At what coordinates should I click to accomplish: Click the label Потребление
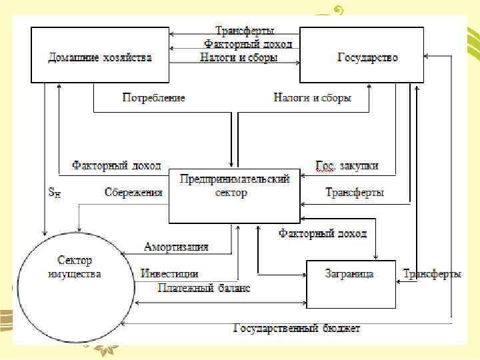(x=154, y=98)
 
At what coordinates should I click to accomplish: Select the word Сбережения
(x=133, y=193)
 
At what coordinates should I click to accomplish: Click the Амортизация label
(x=176, y=247)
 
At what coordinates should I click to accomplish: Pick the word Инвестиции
(x=169, y=274)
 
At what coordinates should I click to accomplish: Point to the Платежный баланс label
(x=204, y=288)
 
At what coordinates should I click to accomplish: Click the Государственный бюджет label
(x=297, y=328)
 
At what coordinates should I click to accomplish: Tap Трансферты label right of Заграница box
(x=431, y=274)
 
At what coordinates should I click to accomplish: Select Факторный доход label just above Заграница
(x=323, y=234)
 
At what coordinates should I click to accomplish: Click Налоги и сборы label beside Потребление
(x=312, y=98)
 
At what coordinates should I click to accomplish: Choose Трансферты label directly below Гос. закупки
(x=355, y=193)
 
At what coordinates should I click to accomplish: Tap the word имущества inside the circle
(x=75, y=274)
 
